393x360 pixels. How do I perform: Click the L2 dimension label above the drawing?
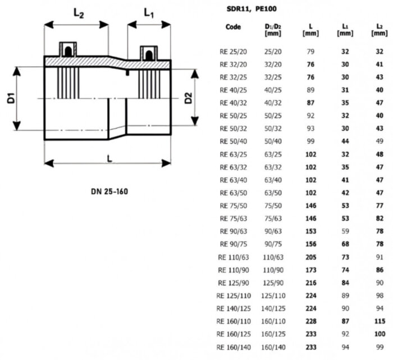click(x=77, y=12)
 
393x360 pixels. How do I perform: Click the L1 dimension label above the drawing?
click(x=148, y=12)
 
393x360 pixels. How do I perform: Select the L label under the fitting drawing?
click(x=109, y=159)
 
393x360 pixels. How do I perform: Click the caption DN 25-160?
click(x=109, y=192)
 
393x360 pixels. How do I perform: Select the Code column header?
click(x=233, y=26)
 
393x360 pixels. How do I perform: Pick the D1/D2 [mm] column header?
click(x=272, y=30)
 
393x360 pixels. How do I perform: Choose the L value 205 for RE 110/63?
click(x=310, y=256)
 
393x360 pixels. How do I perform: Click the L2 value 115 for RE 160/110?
click(x=380, y=321)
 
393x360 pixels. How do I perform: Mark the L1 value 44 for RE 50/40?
click(x=345, y=140)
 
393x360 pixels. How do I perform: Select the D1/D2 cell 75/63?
click(x=272, y=217)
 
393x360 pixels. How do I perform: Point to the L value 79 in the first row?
click(x=310, y=51)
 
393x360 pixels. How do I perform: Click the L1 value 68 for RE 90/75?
click(x=345, y=243)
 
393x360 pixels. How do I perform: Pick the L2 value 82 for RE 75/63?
click(x=380, y=217)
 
